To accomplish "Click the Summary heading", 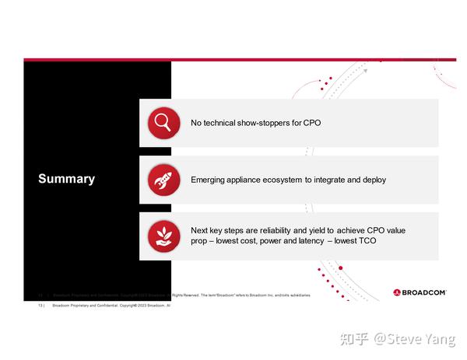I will coord(66,179).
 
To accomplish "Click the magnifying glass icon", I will coord(163,122).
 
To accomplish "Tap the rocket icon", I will coord(163,180).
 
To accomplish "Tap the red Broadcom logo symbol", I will coord(397,293).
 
